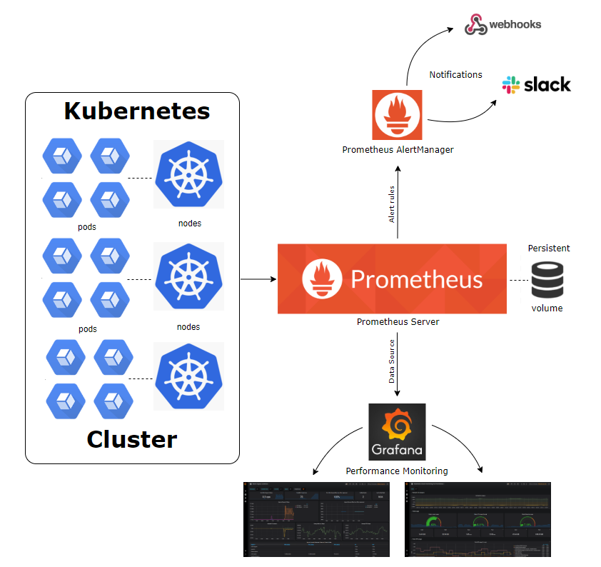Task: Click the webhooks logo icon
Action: (475, 24)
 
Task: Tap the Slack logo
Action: (511, 85)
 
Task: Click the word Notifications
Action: (455, 74)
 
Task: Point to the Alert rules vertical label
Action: (391, 204)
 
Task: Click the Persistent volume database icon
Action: (547, 280)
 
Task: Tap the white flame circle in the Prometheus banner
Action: (321, 279)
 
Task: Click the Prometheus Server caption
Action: (398, 322)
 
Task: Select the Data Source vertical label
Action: (391, 361)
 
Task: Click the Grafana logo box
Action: (397, 431)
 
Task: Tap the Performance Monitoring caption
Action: (396, 471)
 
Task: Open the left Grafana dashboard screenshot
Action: (316, 519)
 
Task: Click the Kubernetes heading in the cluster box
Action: (137, 111)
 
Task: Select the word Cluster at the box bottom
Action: (132, 439)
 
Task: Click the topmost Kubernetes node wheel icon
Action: (188, 174)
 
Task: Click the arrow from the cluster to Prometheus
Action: (258, 279)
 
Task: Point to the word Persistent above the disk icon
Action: (548, 249)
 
